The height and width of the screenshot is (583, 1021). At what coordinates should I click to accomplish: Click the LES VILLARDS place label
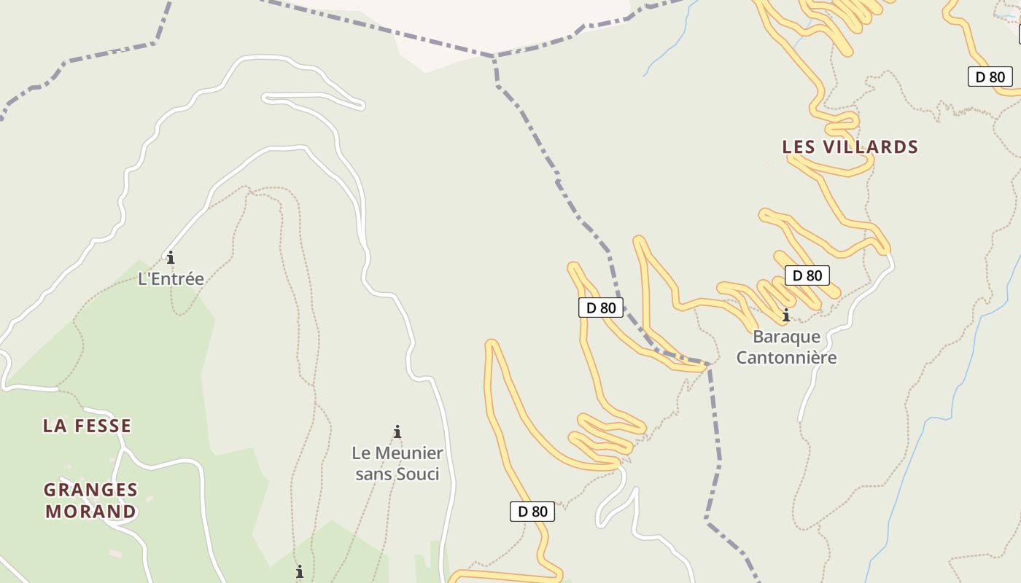850,146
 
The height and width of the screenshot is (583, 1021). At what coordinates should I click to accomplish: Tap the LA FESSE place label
87,426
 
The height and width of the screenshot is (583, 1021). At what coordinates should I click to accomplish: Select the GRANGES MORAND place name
90,500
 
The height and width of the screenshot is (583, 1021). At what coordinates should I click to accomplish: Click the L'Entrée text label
171,278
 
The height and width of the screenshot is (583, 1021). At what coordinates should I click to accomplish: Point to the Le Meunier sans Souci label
397,463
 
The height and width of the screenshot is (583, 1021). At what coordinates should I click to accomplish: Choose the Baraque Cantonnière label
786,347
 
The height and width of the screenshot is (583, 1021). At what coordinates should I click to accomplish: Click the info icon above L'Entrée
171,257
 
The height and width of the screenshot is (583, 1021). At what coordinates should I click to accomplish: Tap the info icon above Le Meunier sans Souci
397,431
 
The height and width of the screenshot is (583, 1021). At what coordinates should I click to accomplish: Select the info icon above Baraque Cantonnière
786,316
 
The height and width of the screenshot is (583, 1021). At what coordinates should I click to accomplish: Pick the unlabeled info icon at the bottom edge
299,571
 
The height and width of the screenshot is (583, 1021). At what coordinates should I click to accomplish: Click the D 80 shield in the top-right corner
990,77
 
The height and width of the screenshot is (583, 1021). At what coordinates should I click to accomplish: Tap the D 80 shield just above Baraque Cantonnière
807,275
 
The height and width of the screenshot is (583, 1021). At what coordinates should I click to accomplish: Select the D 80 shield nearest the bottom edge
532,512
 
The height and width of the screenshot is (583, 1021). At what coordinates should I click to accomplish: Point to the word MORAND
90,511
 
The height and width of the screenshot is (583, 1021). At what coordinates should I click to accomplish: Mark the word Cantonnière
786,357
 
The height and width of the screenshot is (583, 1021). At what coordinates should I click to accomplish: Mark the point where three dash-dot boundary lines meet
494,56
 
